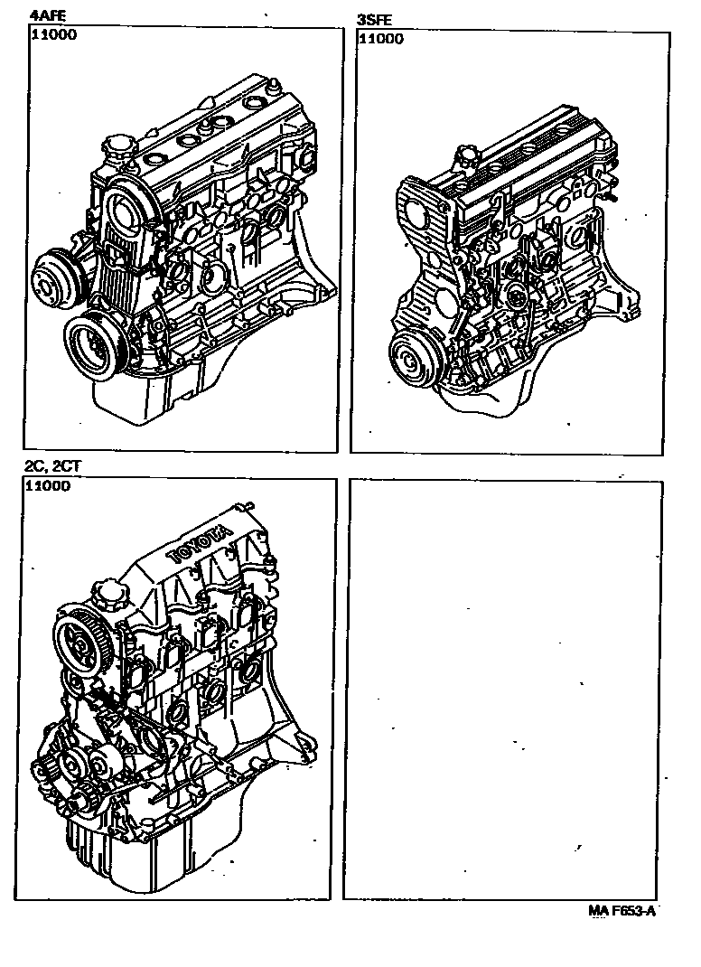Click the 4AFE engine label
click(x=47, y=14)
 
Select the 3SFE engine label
click(x=374, y=19)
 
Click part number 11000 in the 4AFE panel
click(x=54, y=34)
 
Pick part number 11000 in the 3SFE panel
click(x=381, y=39)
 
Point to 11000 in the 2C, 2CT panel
click(x=48, y=485)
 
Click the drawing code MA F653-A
click(x=621, y=910)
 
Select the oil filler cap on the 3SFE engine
click(x=467, y=159)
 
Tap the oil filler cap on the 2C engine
click(x=108, y=596)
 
